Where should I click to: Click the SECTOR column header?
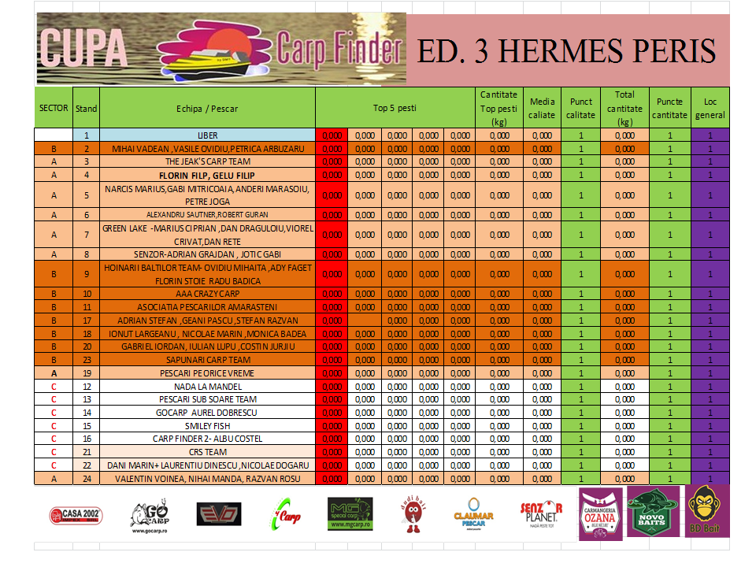tap(54, 108)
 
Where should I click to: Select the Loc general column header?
tap(710, 108)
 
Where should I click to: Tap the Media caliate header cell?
tap(542, 108)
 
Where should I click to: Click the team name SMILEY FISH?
tap(208, 425)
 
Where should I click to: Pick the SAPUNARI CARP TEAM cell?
tap(208, 359)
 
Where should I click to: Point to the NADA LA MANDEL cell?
tap(208, 386)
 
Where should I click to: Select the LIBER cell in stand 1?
tap(208, 135)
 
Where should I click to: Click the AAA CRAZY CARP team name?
tap(208, 293)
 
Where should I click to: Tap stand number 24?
tap(87, 478)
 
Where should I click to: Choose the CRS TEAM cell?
tap(208, 452)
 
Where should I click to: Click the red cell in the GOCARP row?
tap(332, 412)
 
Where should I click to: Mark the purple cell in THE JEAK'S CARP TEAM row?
tap(710, 161)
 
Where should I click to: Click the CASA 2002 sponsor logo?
tap(75, 516)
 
